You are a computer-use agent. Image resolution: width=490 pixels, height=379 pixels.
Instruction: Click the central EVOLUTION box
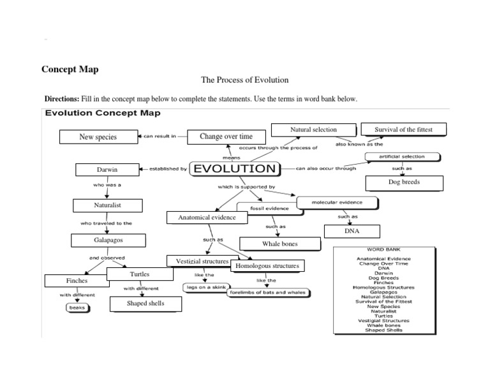point(235,169)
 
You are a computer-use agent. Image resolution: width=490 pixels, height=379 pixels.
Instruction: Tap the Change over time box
point(226,137)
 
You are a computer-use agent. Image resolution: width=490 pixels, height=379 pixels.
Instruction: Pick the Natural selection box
point(313,130)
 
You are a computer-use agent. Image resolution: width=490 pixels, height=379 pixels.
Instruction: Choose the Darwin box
point(107,170)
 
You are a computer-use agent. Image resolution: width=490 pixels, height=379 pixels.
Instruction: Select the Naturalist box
point(107,205)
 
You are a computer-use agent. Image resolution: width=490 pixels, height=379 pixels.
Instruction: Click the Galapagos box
point(107,241)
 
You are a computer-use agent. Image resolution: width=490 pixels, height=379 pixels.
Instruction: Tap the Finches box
point(77,281)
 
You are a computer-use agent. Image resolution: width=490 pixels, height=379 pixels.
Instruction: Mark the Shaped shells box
point(146,304)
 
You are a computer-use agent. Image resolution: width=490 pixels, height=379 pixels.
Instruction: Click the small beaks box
point(77,308)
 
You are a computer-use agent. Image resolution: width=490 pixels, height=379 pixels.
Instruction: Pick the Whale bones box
point(279,244)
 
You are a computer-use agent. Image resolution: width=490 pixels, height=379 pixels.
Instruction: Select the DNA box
point(352,231)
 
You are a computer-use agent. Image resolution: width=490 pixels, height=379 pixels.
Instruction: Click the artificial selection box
point(402,156)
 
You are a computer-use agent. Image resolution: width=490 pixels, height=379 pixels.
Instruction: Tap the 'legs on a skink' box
point(205,287)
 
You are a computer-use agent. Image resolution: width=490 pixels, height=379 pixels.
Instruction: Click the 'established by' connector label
point(168,169)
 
